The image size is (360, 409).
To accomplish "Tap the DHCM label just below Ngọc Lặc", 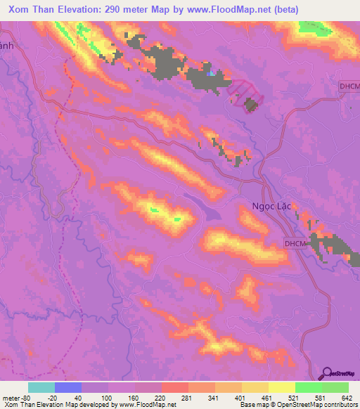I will [x=296, y=243].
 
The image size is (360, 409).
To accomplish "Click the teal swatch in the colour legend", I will [x=41, y=387].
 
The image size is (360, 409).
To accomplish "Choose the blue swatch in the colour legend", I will [x=68, y=387].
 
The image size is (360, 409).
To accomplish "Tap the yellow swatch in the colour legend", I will [x=282, y=387].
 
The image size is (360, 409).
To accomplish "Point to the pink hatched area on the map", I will [x=245, y=93].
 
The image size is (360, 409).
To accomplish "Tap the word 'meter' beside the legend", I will [x=12, y=398].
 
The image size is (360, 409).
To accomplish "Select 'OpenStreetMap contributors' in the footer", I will [x=316, y=405].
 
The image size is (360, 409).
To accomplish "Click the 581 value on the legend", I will [x=323, y=398].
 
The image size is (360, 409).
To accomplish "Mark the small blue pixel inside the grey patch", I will [x=212, y=72].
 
